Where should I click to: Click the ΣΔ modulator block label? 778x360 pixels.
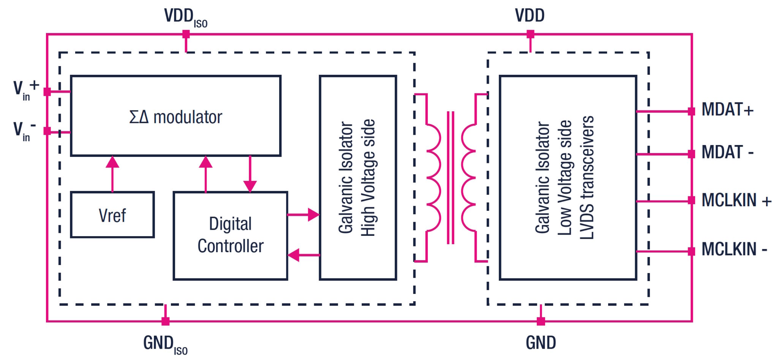tap(176, 117)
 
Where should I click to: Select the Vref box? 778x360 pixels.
tap(112, 215)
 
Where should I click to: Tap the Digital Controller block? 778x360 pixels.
tap(230, 235)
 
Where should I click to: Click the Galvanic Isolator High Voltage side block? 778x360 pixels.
tap(357, 178)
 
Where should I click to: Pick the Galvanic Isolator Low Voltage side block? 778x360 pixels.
tap(568, 178)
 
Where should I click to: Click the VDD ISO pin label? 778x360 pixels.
tap(185, 17)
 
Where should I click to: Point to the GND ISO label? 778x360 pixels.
tap(165, 344)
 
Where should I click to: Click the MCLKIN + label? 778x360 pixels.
tap(736, 201)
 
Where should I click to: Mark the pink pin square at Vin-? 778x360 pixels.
tap(47, 131)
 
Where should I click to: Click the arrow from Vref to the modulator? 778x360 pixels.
tap(112, 173)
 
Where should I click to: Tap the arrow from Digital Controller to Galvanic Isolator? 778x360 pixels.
tap(303, 215)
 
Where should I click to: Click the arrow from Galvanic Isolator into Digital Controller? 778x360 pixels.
tap(303, 255)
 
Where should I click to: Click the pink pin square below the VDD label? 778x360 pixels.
tap(530, 35)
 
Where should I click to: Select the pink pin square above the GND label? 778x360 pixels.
tap(541, 321)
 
